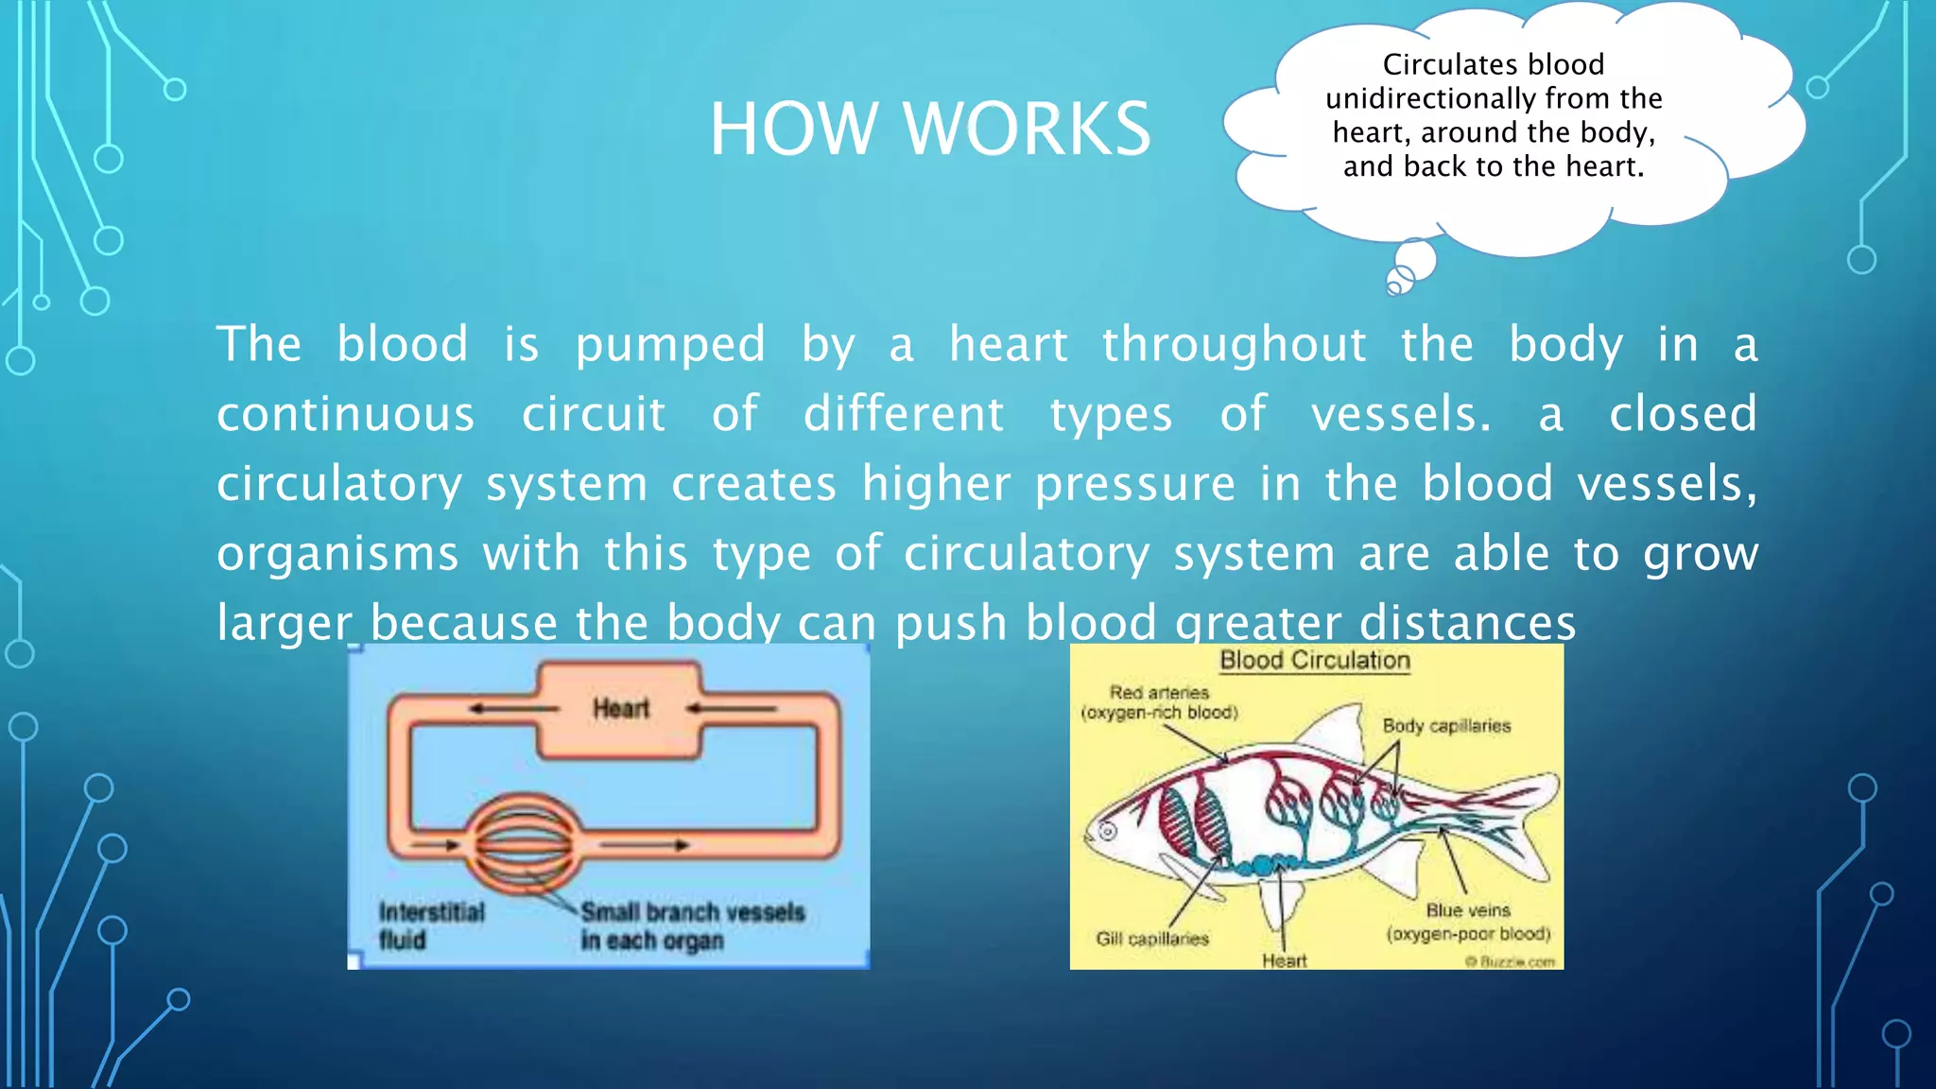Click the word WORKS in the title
point(1028,130)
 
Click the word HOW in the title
point(792,130)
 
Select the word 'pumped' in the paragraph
point(670,345)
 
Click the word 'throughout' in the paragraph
point(1234,343)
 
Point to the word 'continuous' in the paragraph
point(345,415)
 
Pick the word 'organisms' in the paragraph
point(337,555)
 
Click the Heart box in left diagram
point(620,708)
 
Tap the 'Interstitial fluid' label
point(430,925)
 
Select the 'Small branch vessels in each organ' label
point(692,925)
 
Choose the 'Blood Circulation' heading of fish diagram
point(1314,661)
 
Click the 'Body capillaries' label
point(1445,726)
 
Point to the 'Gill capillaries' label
point(1151,939)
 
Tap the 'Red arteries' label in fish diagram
point(1159,702)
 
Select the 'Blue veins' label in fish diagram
point(1468,922)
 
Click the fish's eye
point(1108,832)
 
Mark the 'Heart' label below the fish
point(1284,960)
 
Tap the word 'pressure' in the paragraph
point(1134,485)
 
